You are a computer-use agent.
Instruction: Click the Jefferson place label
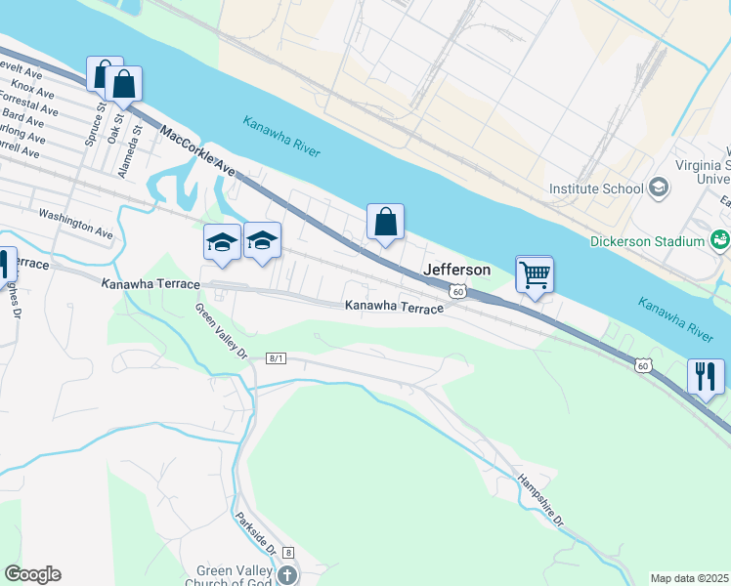pos(456,270)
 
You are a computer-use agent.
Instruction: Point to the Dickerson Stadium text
pos(647,241)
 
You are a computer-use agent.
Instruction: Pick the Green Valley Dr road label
pos(220,331)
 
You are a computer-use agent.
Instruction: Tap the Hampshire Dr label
pos(541,500)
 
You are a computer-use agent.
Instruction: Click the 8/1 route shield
pos(276,359)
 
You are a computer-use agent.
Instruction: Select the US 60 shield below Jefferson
pos(456,291)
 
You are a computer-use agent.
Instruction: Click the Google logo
pos(32,574)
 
